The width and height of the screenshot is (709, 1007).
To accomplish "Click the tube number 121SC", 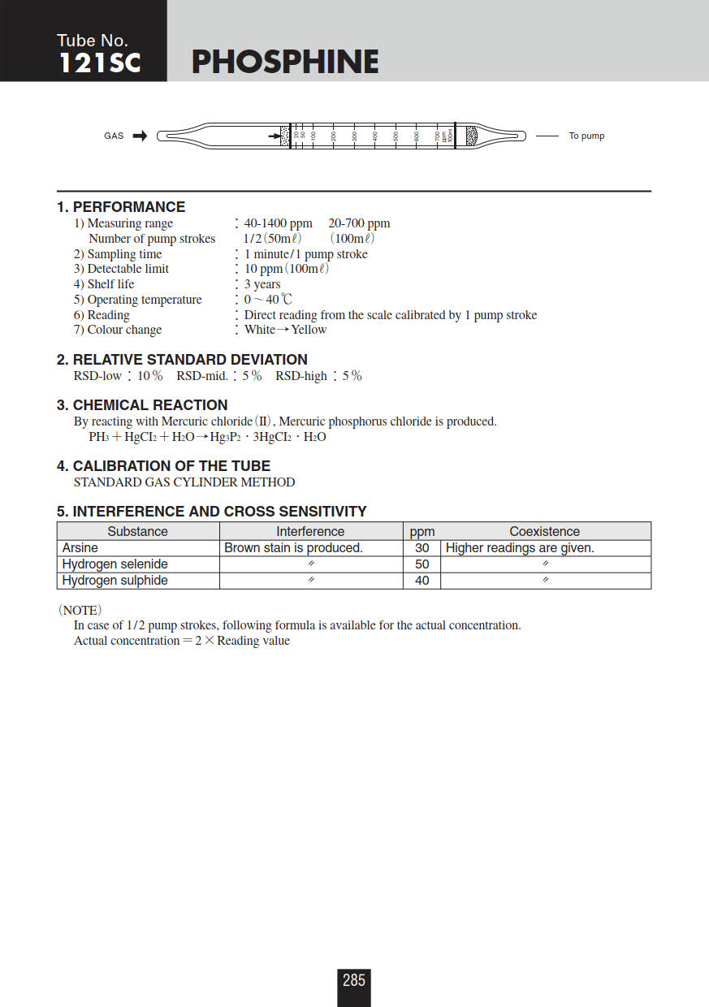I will point(99,63).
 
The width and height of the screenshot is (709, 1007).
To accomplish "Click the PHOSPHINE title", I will point(285,63).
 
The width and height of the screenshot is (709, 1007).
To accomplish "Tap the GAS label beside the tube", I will point(114,136).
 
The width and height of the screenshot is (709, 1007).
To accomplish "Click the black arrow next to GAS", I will point(140,136).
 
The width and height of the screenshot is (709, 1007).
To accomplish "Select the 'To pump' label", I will point(586,136).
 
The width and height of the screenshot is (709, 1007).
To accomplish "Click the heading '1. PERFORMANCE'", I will point(121,207).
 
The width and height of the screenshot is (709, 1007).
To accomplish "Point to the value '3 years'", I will point(262,284).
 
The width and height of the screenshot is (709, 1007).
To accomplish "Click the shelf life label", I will point(110,284).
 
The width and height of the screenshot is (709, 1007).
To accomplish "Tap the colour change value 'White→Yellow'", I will point(285,330).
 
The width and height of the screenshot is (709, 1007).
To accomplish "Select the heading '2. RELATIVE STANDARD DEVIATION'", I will point(182,360).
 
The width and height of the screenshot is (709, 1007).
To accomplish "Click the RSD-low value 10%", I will point(149,376).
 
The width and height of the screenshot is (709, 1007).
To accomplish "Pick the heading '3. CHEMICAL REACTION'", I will point(142,405).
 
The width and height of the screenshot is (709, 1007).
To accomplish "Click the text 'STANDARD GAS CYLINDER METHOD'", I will point(184,482).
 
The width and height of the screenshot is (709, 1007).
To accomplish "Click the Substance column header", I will point(137,531).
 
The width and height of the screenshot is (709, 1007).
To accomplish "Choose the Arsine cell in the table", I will point(80,548).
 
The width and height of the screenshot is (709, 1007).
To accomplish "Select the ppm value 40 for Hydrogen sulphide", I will point(422,581).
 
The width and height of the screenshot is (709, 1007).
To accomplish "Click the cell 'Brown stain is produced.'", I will point(293,548).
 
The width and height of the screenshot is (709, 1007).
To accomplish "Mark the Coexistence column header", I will point(544,531).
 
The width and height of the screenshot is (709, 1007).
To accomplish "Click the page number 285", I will point(354,980).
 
